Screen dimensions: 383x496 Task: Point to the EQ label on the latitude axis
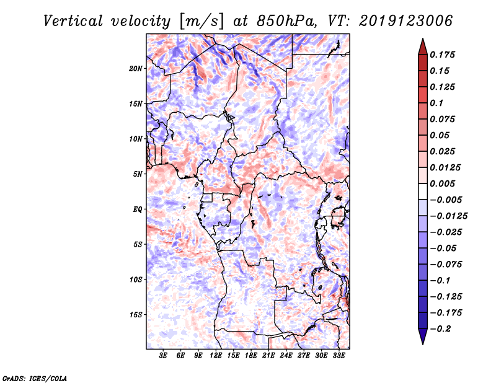point(138,209)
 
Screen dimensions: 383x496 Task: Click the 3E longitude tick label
point(163,356)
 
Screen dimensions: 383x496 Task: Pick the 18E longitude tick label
point(251,356)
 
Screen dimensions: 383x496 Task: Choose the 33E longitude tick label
point(339,356)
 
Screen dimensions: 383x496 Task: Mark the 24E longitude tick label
point(286,356)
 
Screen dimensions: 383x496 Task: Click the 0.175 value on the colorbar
point(444,55)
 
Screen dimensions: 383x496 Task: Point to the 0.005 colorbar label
point(444,183)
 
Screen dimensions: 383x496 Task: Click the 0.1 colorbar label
point(440,103)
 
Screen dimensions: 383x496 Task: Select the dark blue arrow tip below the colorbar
point(422,340)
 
